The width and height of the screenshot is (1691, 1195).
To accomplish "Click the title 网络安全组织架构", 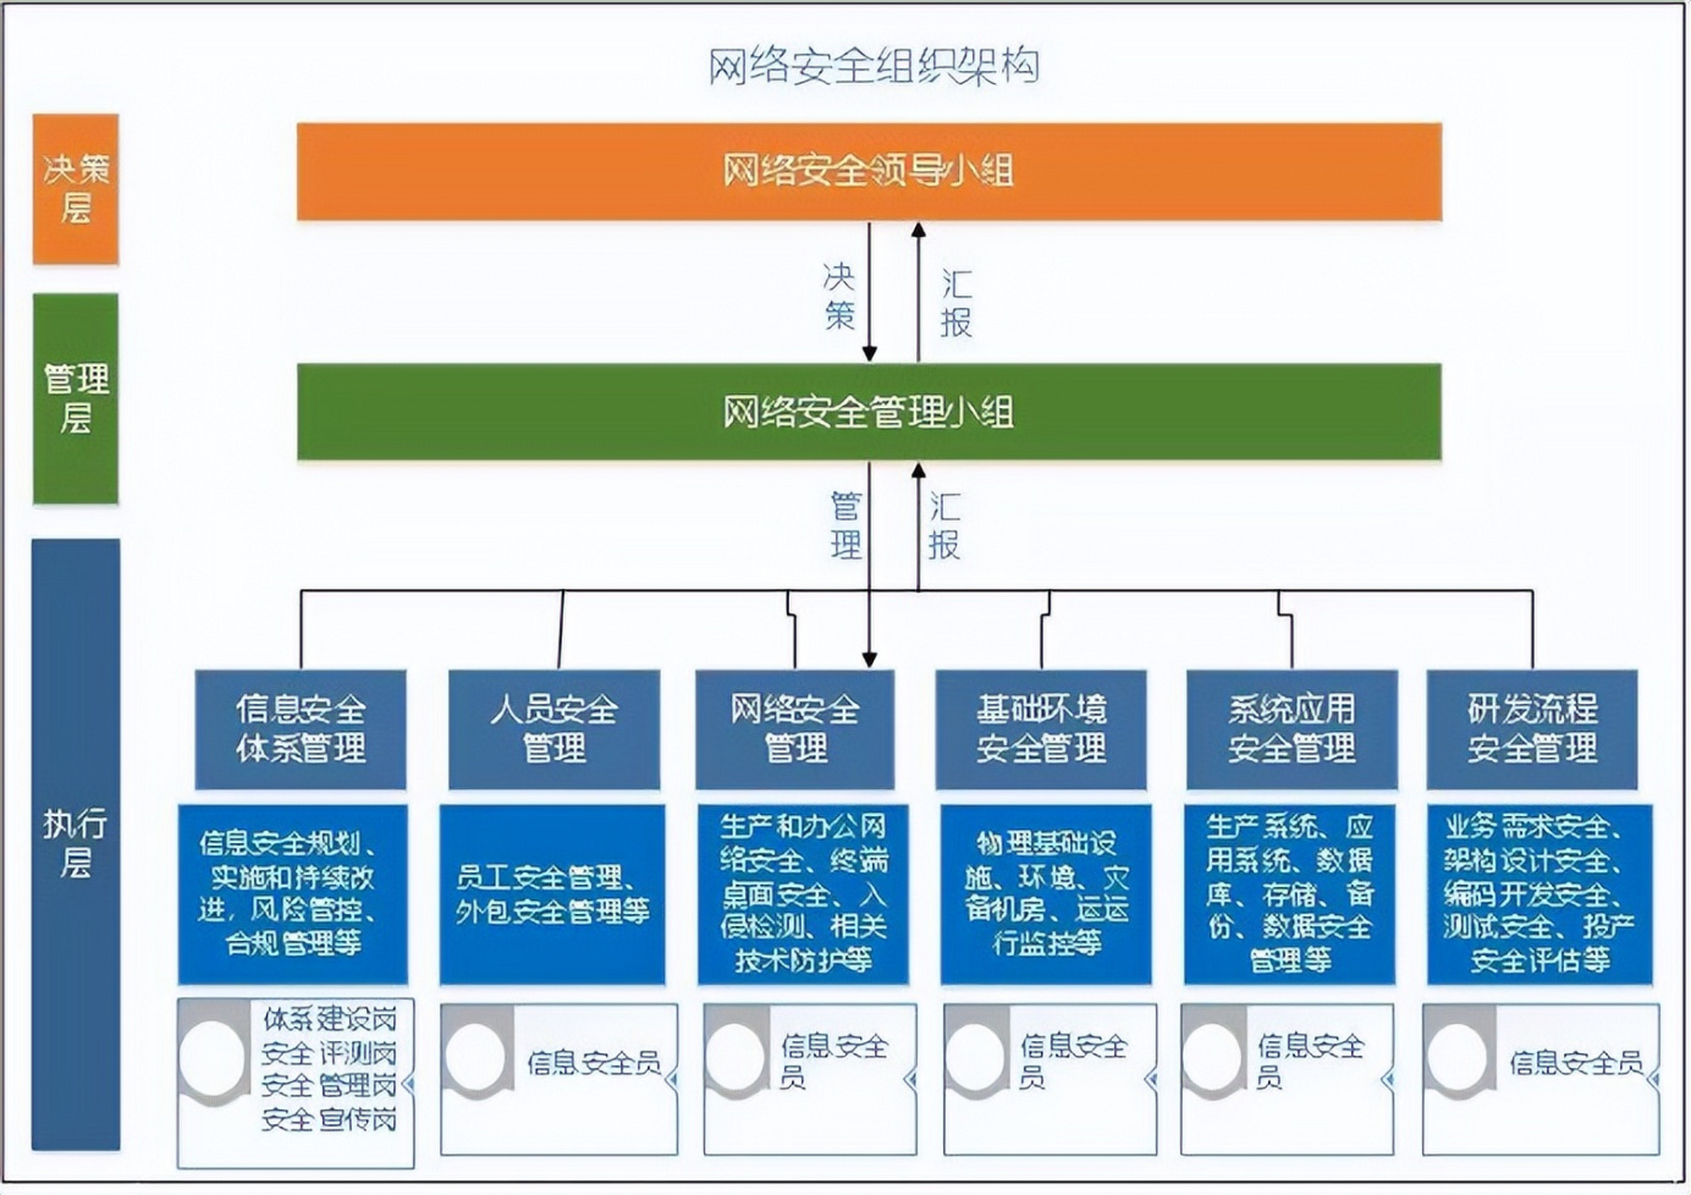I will [872, 66].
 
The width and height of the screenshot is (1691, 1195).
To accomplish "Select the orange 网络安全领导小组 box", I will [868, 172].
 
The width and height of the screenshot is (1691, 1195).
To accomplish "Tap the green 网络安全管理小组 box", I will [868, 412].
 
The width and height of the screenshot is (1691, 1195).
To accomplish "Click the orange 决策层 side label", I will [76, 189].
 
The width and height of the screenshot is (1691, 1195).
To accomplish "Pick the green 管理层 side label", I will [76, 399].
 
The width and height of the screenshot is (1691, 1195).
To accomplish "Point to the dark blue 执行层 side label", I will [76, 844].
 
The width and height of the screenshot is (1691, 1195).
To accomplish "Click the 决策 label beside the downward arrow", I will [838, 296].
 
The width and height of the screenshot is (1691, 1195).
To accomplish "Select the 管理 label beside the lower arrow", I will [845, 526].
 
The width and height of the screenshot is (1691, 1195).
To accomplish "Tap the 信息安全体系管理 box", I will [301, 729].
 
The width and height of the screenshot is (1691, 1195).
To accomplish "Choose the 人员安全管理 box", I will [554, 729].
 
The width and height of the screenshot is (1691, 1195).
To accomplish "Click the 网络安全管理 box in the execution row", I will [795, 729].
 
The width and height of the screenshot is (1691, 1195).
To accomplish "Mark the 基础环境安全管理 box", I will [1041, 729].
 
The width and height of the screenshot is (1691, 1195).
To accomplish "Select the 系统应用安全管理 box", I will [1291, 729].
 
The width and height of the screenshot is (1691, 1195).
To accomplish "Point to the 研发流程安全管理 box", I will [1532, 729].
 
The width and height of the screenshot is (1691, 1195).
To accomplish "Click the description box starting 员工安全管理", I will [552, 893].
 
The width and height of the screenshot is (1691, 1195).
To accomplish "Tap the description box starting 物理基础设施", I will [1046, 893].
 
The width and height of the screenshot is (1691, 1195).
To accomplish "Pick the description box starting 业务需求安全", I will [1539, 893].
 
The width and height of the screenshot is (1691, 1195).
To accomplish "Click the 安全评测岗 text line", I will [329, 1053].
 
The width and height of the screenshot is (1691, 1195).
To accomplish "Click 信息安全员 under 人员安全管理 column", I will [594, 1062].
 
